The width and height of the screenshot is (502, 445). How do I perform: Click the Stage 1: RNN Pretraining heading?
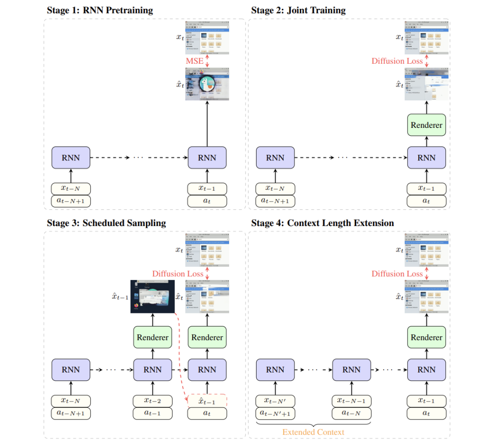pos(99,10)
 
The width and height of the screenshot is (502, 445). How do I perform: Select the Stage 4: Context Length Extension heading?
pos(322,223)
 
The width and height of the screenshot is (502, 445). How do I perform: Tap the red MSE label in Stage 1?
pos(194,61)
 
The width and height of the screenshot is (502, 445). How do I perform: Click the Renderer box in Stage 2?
pos(426,125)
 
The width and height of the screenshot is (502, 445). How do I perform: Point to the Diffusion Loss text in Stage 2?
pos(397,61)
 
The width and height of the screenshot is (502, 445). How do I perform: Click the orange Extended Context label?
pos(313,432)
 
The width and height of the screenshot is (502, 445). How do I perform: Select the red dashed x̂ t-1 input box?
pos(207,401)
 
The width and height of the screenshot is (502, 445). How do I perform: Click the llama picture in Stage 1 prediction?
pos(207,84)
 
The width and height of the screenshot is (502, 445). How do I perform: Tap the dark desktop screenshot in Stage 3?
pos(152,297)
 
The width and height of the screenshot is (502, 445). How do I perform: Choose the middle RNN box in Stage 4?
pos(351,370)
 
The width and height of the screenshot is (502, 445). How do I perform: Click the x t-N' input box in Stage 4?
pos(275,401)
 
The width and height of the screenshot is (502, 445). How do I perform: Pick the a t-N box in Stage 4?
pos(351,412)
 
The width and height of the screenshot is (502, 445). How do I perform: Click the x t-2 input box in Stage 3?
pos(152,401)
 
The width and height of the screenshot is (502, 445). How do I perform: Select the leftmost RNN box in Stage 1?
pos(71,158)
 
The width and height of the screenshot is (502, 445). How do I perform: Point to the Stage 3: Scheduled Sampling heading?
pos(106,223)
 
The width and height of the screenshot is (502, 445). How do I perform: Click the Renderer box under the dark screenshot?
pos(152,338)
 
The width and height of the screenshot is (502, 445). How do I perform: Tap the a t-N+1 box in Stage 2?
pos(275,201)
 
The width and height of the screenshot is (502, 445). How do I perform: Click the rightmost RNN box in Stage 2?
pos(426,158)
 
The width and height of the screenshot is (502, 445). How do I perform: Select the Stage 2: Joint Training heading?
pos(298,10)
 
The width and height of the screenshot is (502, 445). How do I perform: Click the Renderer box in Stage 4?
pos(426,338)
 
